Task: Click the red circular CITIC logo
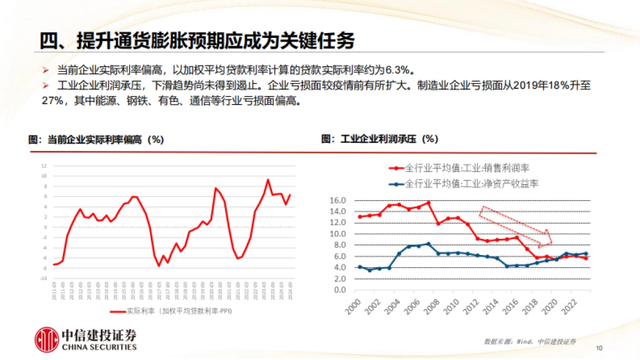(x=46, y=339)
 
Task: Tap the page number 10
(x=599, y=348)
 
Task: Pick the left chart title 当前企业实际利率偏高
(x=96, y=139)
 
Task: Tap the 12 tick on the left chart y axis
(x=44, y=165)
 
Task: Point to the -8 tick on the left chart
(x=44, y=268)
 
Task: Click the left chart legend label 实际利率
(x=182, y=311)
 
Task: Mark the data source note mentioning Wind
(x=530, y=341)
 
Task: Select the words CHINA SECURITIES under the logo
(x=99, y=347)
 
